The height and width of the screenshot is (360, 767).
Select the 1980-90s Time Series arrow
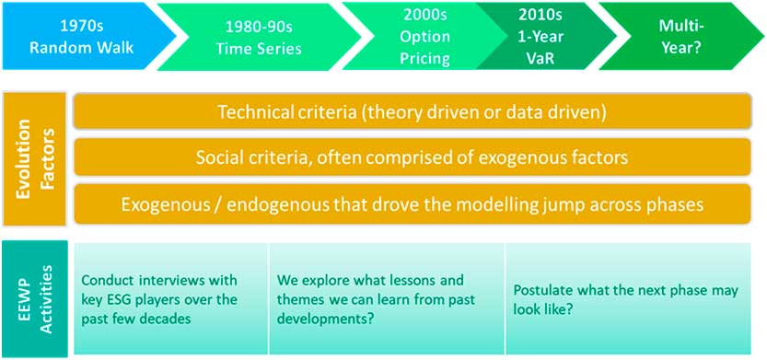click(260, 36)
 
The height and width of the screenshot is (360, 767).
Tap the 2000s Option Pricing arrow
click(416, 36)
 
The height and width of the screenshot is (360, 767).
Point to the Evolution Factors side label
click(34, 159)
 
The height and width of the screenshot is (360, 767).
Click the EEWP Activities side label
click(34, 298)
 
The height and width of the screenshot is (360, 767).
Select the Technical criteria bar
click(412, 112)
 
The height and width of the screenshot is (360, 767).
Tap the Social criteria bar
click(412, 157)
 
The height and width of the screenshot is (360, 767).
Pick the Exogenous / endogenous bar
click(412, 203)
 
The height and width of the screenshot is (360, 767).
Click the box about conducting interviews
click(170, 298)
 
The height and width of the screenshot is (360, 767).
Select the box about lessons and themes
click(387, 298)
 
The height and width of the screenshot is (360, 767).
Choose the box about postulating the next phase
click(628, 298)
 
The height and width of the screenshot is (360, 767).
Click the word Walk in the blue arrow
click(117, 49)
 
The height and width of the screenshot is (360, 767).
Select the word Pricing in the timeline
click(425, 59)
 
